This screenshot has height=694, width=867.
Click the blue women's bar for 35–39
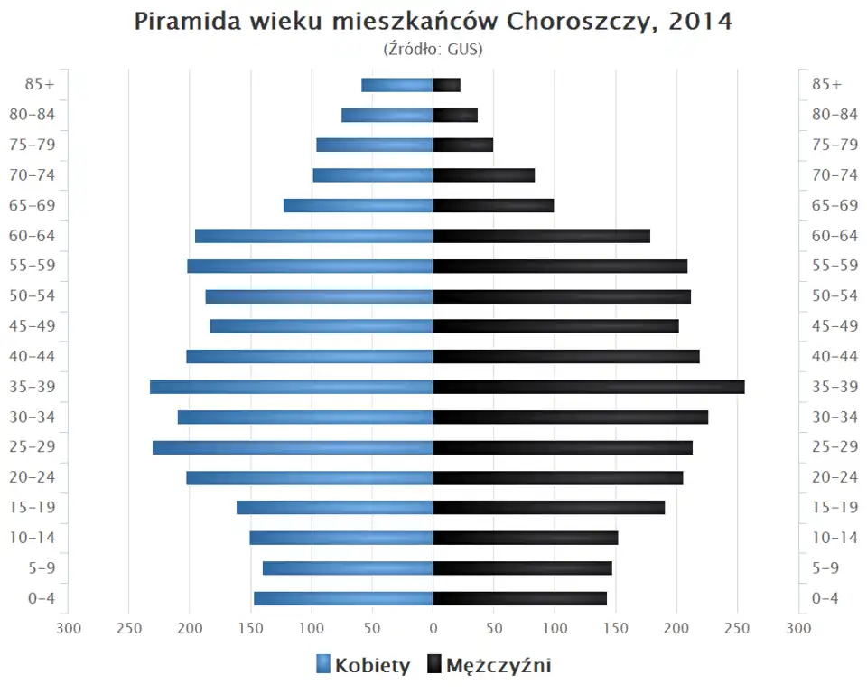click(292, 387)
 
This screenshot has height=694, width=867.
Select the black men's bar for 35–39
click(589, 387)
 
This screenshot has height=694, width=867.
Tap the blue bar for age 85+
click(397, 85)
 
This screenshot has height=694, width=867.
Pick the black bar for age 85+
click(447, 85)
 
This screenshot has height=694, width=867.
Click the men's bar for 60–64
click(542, 236)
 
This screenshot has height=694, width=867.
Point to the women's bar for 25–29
click(293, 447)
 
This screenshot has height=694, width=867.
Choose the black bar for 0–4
click(520, 598)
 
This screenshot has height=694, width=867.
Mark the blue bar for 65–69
click(359, 205)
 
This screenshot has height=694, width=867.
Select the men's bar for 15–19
click(549, 508)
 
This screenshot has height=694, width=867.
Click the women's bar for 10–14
click(341, 538)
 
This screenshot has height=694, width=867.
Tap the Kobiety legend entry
click(363, 666)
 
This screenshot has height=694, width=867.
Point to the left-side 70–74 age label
click(32, 175)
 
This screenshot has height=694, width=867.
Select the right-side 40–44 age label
click(834, 356)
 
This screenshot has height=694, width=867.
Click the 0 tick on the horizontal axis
click(433, 627)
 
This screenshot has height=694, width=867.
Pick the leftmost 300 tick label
click(69, 627)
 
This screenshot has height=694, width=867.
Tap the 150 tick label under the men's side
click(616, 627)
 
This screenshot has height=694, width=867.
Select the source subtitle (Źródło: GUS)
click(433, 49)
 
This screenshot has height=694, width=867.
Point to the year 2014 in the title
click(700, 23)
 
